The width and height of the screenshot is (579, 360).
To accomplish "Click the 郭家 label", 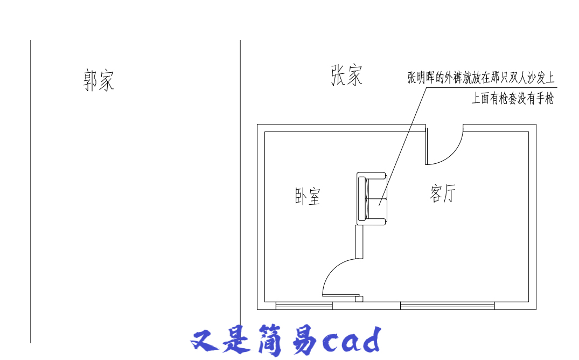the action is (x=99, y=80).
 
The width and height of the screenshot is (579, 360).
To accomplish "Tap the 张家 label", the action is (x=346, y=75).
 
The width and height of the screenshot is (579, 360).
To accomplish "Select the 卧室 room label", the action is (x=308, y=196).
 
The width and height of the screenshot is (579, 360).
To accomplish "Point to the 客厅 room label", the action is (x=443, y=193).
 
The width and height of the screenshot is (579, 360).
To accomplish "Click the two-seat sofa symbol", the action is (x=372, y=198).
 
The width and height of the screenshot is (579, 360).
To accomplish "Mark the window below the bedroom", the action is (x=304, y=306).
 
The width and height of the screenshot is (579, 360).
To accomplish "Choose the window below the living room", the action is (x=447, y=306).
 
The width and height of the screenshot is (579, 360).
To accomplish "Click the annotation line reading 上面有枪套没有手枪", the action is (x=513, y=99).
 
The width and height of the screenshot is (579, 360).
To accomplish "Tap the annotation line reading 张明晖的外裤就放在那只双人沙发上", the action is (x=481, y=78).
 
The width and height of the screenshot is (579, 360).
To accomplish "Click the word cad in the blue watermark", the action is (x=351, y=340).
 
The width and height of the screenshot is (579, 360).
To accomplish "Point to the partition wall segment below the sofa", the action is (x=359, y=242).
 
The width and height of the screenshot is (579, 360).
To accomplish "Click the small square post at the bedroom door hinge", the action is (x=359, y=299).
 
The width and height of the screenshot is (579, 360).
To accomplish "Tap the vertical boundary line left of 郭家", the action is (x=31, y=191).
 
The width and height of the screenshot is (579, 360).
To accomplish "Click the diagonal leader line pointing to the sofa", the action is (x=402, y=147).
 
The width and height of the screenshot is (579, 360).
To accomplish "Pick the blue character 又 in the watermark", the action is (x=205, y=341).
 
